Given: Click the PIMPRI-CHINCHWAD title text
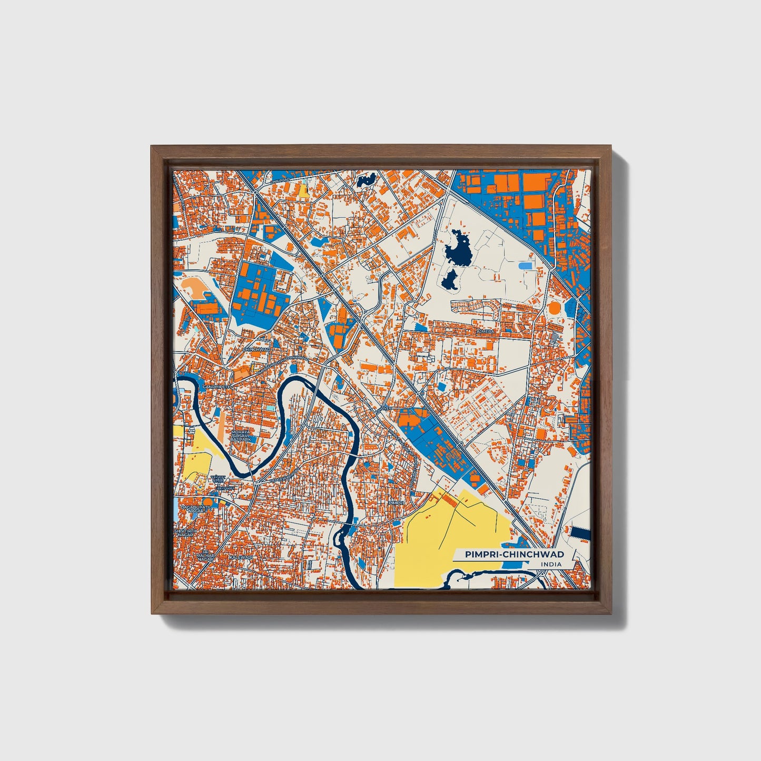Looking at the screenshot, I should (x=515, y=554).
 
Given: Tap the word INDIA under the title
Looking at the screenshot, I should (x=550, y=564).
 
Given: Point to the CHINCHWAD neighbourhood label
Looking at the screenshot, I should (x=256, y=349).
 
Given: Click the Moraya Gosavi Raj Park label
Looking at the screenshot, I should (x=241, y=436).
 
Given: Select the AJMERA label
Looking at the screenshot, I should (x=485, y=332).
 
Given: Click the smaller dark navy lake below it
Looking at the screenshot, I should (x=449, y=280).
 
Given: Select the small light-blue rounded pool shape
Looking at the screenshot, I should (x=525, y=266).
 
